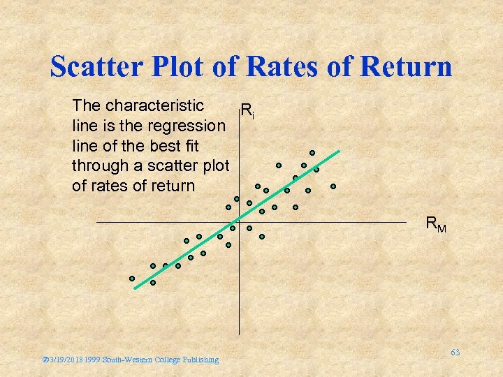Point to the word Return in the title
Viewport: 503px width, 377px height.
point(405,67)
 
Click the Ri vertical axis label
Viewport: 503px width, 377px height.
point(247,110)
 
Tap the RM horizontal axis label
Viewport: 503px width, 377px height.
point(436,225)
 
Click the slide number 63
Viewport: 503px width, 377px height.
point(455,353)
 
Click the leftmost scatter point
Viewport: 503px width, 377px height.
point(131,278)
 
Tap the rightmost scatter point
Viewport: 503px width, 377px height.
point(333,186)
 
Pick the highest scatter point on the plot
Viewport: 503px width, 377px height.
point(312,153)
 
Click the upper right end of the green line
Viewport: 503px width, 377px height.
point(339,150)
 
